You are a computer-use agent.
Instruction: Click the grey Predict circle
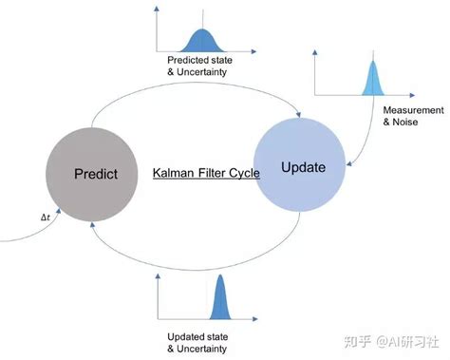(x=92, y=175)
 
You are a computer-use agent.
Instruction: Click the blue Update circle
(x=300, y=164)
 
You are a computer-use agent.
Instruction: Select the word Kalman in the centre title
(x=173, y=173)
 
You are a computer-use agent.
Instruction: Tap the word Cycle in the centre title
(x=244, y=173)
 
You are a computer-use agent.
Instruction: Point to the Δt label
(x=46, y=218)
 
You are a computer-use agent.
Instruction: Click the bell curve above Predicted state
(x=202, y=41)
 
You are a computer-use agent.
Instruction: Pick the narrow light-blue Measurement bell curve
(x=373, y=78)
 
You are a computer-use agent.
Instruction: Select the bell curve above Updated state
(x=220, y=297)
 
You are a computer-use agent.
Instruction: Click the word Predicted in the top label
(x=186, y=60)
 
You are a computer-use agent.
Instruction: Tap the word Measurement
(x=413, y=110)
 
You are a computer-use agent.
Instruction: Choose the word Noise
(x=405, y=122)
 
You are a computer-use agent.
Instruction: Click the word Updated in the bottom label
(x=184, y=337)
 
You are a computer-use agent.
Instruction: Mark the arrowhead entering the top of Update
(x=298, y=114)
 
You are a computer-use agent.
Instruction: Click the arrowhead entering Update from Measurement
(x=349, y=163)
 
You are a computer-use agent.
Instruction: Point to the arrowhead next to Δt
(x=58, y=211)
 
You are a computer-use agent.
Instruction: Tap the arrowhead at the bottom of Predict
(x=92, y=225)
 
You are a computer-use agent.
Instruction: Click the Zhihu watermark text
(x=391, y=342)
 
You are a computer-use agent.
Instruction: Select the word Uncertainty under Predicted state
(x=201, y=72)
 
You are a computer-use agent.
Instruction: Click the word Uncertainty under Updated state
(x=201, y=349)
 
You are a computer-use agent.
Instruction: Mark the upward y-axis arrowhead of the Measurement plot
(x=315, y=52)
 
